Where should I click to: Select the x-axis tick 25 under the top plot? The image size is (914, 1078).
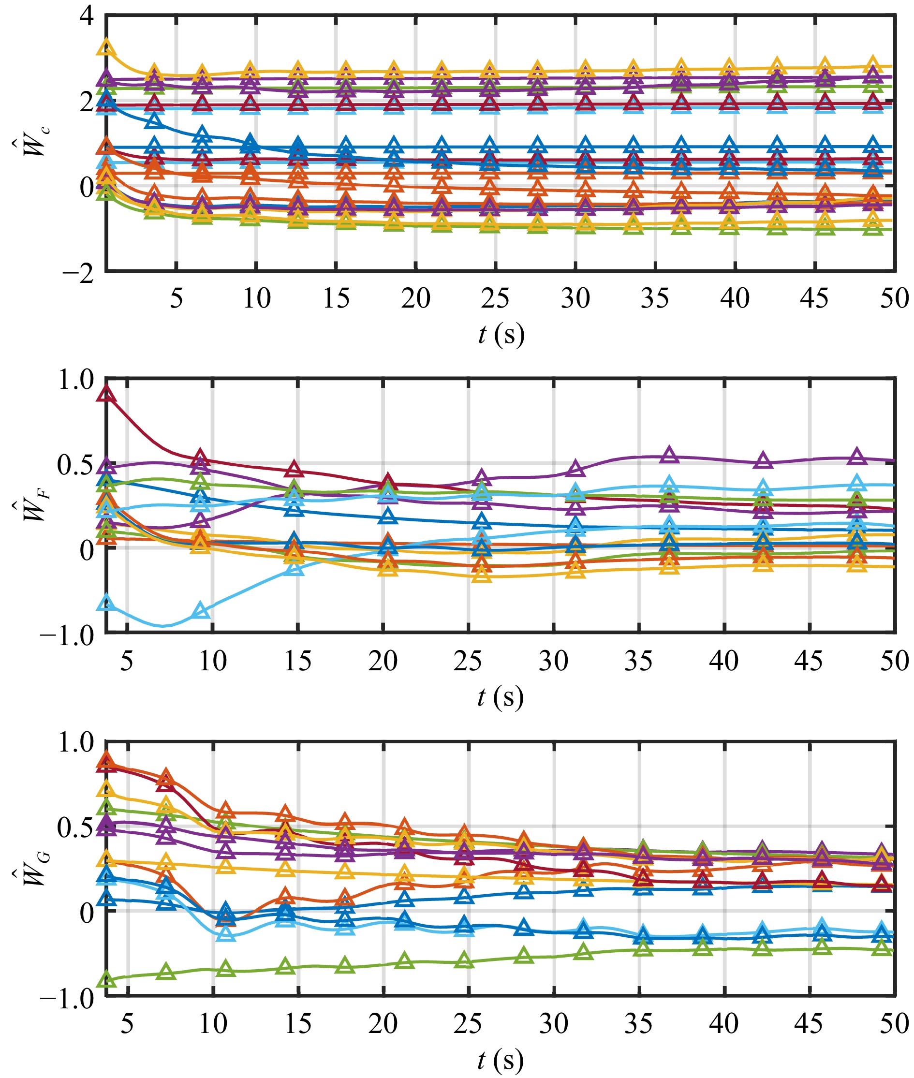495,298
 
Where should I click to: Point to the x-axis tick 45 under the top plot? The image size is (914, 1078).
814,298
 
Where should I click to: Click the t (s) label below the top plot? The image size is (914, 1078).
501,334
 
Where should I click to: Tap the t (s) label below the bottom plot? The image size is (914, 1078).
500,1060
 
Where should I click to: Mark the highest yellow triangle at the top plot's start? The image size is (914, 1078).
106,46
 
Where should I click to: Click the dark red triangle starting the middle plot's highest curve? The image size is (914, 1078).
107,395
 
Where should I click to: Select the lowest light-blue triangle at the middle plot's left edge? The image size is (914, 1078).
106,603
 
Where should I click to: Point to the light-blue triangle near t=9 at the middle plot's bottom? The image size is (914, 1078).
201,611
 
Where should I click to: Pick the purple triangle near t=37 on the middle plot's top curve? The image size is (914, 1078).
669,455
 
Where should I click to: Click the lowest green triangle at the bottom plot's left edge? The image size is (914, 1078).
107,979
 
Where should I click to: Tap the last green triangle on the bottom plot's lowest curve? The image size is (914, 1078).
881,948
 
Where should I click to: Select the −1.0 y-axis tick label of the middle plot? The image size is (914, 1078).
67,635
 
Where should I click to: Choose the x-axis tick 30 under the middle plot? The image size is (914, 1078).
553,661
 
